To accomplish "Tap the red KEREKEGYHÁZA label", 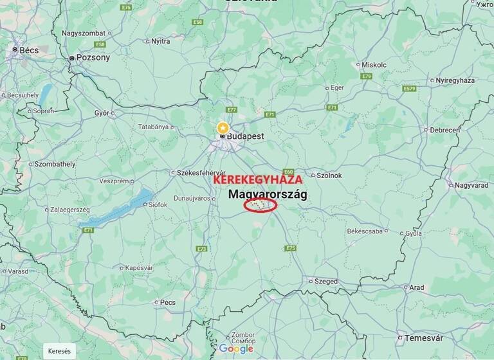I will (257, 180).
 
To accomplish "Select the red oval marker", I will (261, 205).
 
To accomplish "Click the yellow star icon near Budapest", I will (223, 127).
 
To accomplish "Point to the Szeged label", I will (325, 281).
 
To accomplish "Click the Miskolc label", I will (374, 65).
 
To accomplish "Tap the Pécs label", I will (167, 302).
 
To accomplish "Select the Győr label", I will (102, 113).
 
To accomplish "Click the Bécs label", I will (29, 50).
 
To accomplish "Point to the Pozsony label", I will (93, 57).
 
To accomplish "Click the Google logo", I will (236, 348).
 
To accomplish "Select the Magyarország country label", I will (268, 194).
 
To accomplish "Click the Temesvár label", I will (423, 338).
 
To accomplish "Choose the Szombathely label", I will (55, 164).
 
